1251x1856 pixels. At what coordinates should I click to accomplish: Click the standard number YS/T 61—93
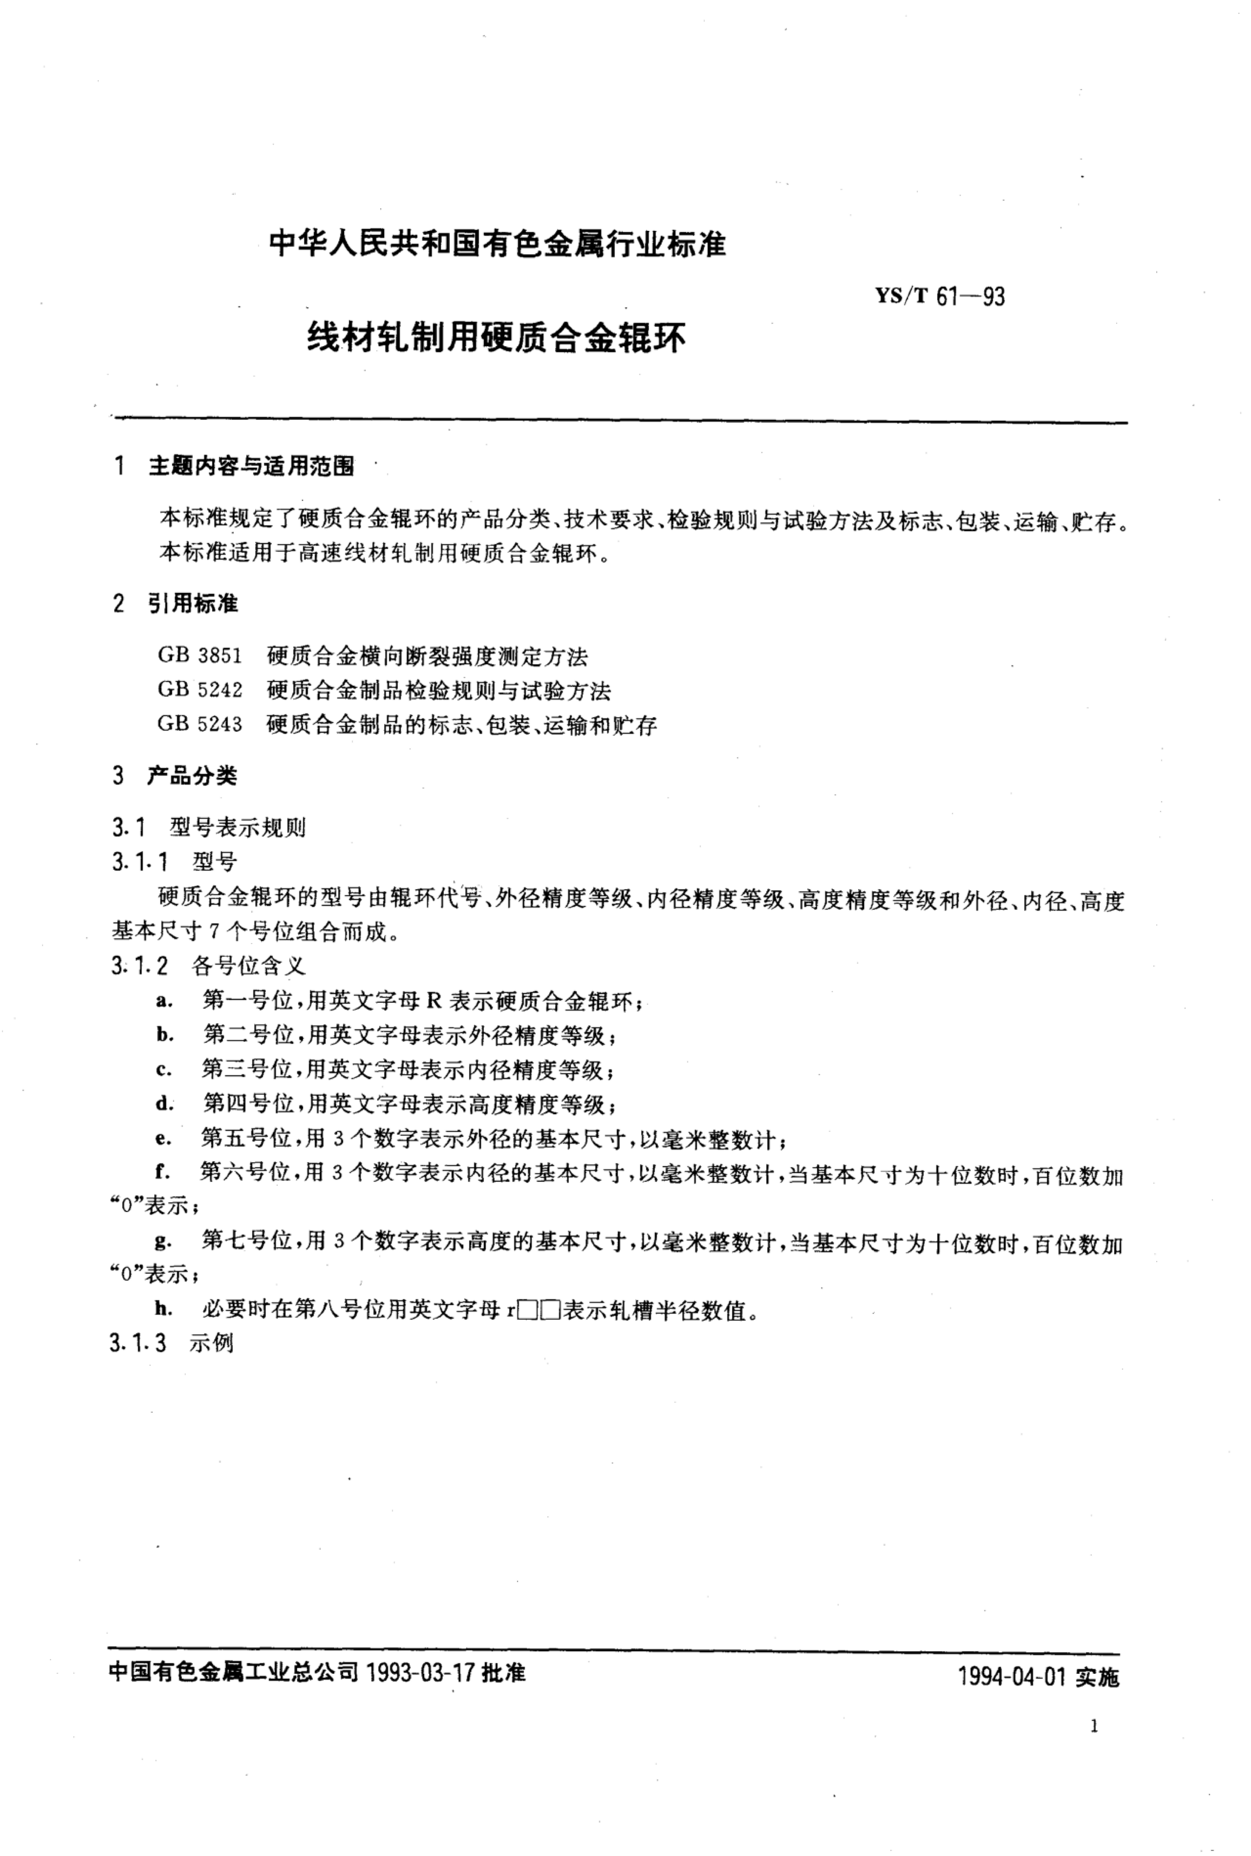point(940,297)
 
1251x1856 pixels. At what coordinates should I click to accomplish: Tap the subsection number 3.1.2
point(140,966)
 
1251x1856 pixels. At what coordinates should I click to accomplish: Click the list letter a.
point(164,1001)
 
